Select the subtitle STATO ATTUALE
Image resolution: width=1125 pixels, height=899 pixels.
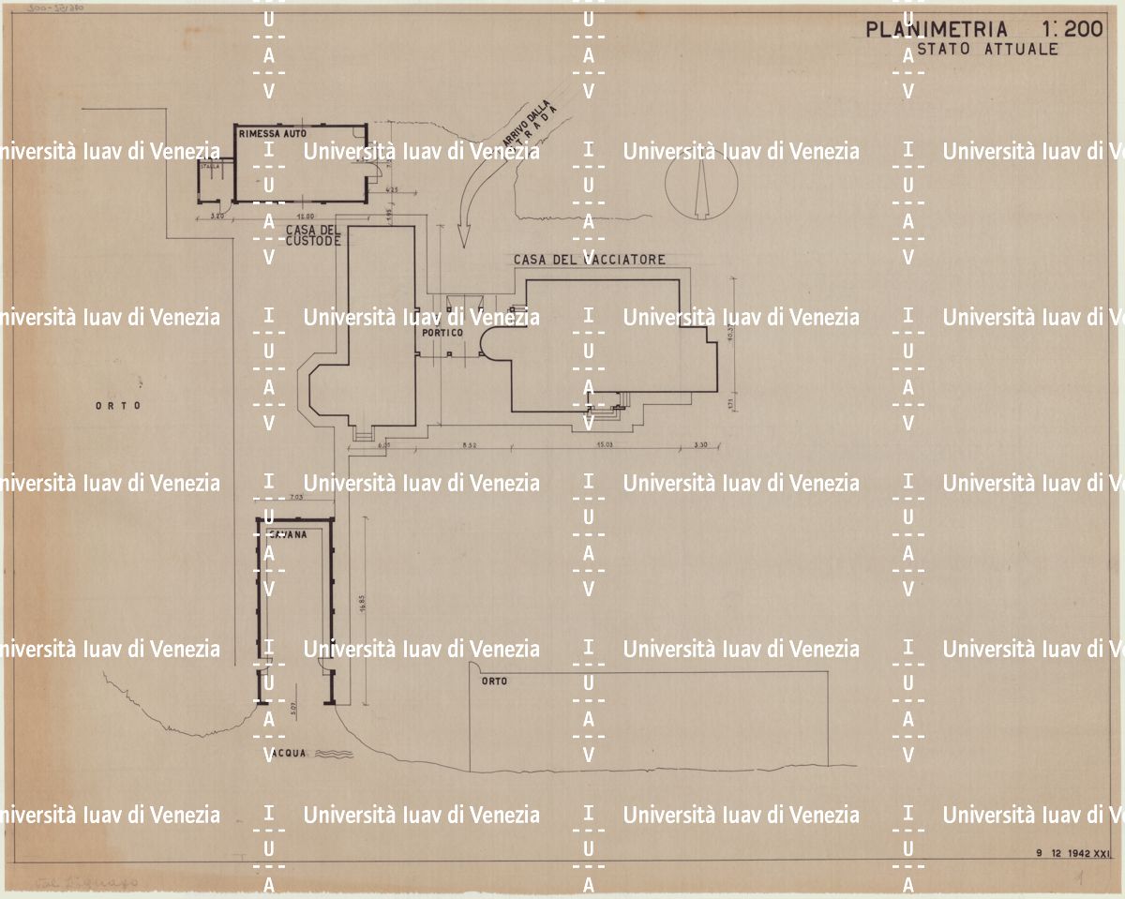pyautogui.click(x=986, y=50)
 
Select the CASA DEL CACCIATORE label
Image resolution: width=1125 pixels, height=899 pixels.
pyautogui.click(x=589, y=259)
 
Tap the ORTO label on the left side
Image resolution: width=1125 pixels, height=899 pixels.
pyautogui.click(x=117, y=406)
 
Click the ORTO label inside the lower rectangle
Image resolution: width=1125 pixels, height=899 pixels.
pyautogui.click(x=494, y=682)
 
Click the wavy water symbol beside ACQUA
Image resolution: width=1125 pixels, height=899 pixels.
pyautogui.click(x=335, y=754)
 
